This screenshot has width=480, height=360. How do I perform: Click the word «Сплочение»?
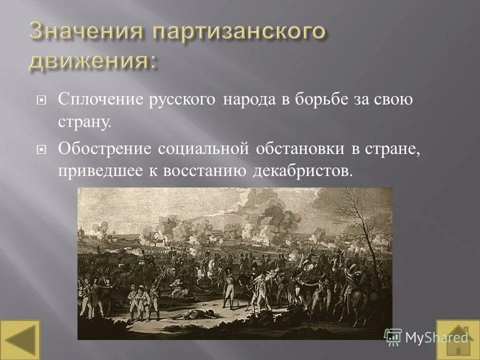100,99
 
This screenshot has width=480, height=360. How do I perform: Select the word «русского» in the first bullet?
183,99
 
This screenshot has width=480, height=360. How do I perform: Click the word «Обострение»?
105,148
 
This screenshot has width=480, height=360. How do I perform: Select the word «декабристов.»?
302,171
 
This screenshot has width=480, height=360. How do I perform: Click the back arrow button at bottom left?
20,339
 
